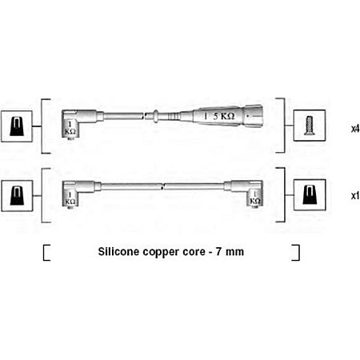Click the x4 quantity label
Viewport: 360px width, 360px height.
coord(355,129)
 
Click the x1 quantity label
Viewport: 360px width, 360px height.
coord(355,196)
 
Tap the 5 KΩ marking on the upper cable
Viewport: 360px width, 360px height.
coord(224,116)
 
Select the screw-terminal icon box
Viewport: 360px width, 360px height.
coord(310,126)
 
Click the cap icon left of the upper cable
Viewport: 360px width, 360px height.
coord(17,126)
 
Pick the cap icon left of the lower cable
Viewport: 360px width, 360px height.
coord(17,196)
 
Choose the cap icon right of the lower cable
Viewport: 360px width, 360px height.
coord(310,195)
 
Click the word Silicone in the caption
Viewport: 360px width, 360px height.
coord(118,251)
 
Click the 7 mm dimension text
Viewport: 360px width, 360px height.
coord(230,252)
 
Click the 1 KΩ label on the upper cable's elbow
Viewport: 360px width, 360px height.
coord(70,128)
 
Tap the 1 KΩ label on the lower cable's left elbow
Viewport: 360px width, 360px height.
coord(70,198)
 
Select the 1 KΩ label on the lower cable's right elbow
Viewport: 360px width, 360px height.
coord(255,198)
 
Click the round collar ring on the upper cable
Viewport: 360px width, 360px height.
coord(156,116)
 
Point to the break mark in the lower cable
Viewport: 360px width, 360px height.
coord(162,186)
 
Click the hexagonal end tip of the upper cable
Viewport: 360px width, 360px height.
coord(253,116)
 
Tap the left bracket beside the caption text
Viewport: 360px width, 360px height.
coord(46,253)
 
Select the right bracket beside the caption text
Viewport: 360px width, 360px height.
coord(295,252)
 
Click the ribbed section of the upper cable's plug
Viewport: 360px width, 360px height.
coord(174,116)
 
